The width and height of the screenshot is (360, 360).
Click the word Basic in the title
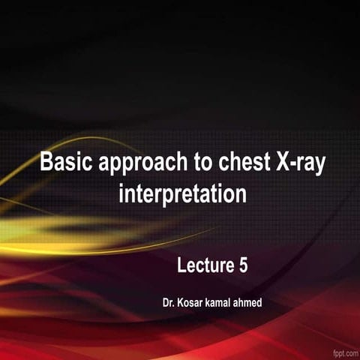tap(63, 163)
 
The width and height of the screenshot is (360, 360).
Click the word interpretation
tap(182, 193)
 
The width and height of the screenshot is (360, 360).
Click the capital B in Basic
tap(44, 163)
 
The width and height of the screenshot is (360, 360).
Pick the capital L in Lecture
tap(181, 264)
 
